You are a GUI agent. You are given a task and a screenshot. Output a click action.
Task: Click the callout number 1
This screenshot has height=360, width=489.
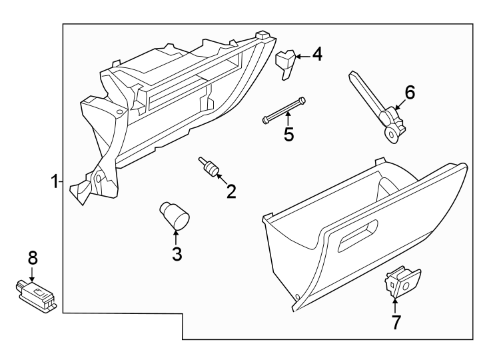(54, 181)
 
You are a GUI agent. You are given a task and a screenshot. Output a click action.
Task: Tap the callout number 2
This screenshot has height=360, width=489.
(231, 192)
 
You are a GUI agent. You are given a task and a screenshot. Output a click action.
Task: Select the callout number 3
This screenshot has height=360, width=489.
(177, 253)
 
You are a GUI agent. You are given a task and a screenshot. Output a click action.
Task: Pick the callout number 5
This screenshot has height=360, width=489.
(288, 134)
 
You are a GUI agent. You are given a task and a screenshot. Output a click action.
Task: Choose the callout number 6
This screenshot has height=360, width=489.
(410, 93)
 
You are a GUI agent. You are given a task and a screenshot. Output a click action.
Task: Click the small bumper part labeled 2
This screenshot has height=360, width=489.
(209, 167)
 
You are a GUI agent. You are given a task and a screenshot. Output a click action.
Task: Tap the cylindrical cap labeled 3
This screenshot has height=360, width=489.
(175, 215)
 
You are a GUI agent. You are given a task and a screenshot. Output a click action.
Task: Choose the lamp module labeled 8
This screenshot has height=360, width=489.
(37, 293)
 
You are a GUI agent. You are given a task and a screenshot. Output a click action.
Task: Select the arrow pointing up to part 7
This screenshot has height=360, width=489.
(395, 306)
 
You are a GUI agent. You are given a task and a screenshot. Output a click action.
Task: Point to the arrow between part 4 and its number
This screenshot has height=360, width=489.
(303, 56)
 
